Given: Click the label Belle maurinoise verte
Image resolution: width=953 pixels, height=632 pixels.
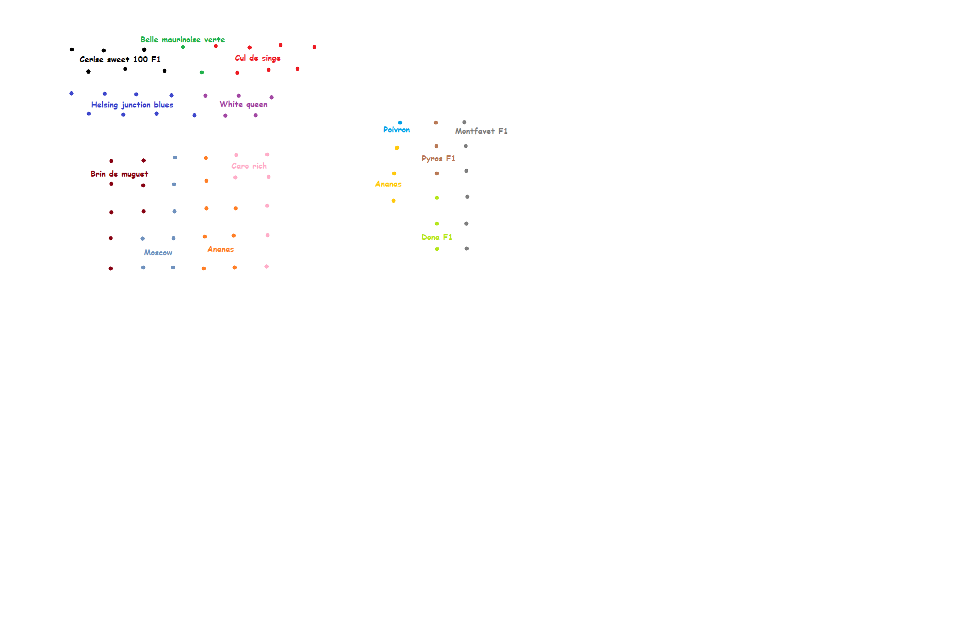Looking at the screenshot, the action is pos(182,39).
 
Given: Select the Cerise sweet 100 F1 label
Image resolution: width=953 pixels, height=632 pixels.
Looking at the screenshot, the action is pos(120,59).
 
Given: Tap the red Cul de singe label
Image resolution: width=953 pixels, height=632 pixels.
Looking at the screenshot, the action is pos(257,58).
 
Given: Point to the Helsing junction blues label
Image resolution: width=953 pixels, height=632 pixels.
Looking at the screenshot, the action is pos(132,105).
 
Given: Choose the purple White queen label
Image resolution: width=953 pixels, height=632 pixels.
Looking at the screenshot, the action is pos(243,104).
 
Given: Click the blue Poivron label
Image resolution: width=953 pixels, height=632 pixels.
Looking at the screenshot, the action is pos(396,129).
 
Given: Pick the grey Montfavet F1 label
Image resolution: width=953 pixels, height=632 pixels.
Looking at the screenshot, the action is pos(481,131).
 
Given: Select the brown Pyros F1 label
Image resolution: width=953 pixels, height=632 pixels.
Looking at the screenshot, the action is pos(438,158).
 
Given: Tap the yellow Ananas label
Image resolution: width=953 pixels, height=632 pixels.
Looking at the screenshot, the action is pos(388,184).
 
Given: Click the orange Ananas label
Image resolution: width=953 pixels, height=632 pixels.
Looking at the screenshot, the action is pos(221,249).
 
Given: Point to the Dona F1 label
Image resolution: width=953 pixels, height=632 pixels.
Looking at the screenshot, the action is pos(437,237).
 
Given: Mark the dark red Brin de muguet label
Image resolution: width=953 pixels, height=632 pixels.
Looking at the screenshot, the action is pos(119,174).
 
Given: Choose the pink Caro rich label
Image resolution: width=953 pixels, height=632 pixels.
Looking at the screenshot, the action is pos(249,166).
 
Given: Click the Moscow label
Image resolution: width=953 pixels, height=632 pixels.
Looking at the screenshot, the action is pos(158,252).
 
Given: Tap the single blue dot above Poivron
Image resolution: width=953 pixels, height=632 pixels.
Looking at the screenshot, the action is pos(400,122).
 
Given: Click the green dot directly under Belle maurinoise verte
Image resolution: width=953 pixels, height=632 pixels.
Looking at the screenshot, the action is pos(183,47).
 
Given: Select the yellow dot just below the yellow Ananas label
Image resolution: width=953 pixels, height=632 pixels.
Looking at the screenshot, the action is pos(393,201).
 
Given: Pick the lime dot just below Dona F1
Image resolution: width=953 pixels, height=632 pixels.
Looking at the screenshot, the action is pos(437,249).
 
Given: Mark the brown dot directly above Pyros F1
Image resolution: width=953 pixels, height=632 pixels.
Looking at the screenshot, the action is pos(436,146).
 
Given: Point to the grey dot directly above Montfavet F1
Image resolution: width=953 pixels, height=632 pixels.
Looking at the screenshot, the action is pos(464,122).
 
